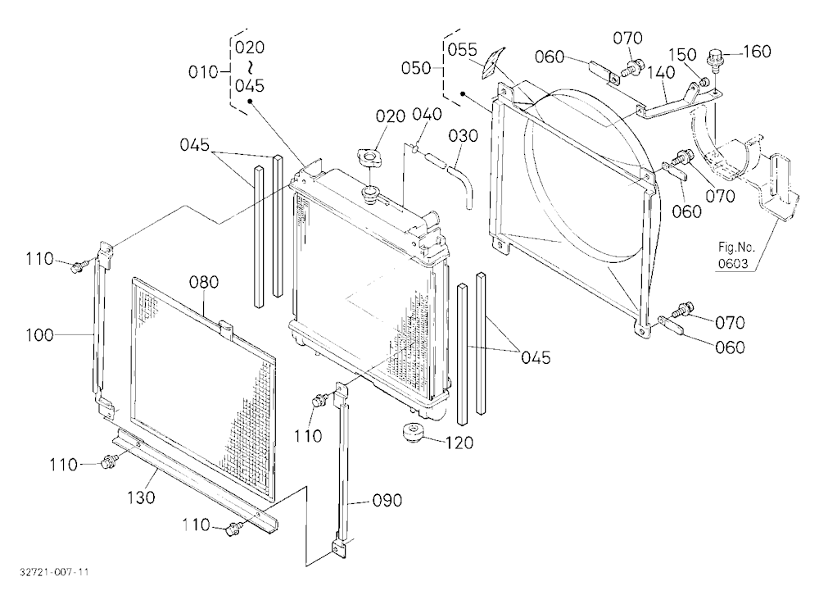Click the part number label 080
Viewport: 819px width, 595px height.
pos(204,282)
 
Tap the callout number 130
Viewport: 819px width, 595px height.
pos(141,497)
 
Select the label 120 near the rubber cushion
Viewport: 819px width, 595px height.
pos(459,443)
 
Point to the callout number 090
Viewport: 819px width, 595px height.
pos(387,501)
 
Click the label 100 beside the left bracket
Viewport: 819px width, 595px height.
pos(39,334)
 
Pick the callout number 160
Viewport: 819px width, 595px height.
pos(757,52)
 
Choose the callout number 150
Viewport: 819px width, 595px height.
pos(683,54)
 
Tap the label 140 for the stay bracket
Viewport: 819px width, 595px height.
pos(661,72)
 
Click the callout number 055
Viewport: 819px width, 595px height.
pos(462,50)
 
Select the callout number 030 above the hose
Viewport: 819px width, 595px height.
pos(464,136)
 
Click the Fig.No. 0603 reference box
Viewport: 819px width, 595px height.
pos(733,255)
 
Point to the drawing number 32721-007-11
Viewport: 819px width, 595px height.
pos(54,572)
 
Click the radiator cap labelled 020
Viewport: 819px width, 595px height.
pos(369,157)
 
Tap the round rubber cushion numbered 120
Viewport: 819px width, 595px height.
pos(411,434)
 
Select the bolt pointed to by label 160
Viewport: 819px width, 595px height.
pos(714,57)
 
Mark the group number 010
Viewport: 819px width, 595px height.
pos(203,71)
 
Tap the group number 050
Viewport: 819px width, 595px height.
pos(416,68)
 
